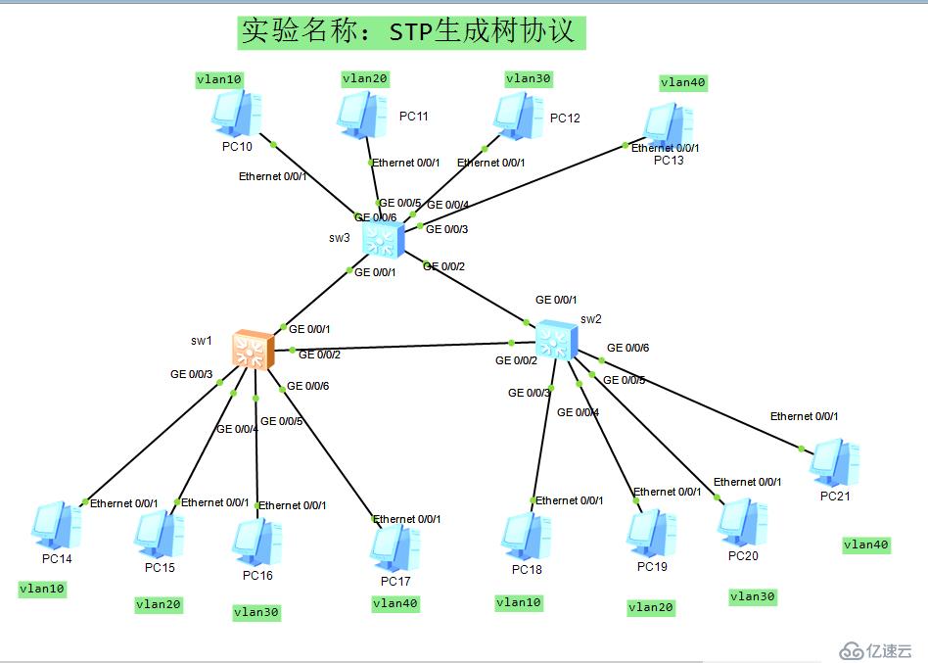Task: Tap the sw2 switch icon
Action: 555,340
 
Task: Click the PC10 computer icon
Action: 236,113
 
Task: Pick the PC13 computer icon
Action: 668,126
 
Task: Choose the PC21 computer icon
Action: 834,461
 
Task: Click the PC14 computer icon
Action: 56,525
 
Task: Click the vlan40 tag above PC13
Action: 683,83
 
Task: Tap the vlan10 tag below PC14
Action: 42,589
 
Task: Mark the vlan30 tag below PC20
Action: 753,596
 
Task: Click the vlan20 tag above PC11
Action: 365,78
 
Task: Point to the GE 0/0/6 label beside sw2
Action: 627,348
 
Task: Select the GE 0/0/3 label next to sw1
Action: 191,374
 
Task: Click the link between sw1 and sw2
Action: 401,347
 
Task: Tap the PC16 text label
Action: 257,575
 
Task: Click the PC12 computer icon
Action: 519,116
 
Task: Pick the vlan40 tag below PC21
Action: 866,545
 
